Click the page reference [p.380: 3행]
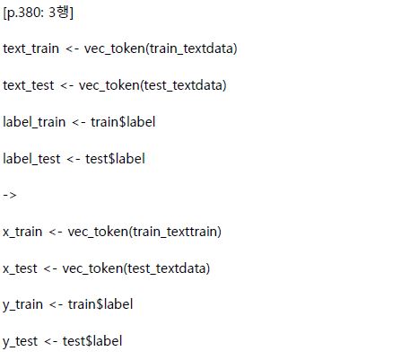pos(38,13)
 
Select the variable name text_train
pos(31,48)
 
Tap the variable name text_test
pos(29,85)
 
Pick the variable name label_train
pos(34,122)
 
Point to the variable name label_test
pos(31,159)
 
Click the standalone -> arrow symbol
pos(10,196)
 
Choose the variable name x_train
pos(22,233)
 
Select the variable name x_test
pos(20,268)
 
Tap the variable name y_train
pos(22,305)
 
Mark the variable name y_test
pos(21,342)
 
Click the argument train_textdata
pos(191,48)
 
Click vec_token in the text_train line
pos(114,48)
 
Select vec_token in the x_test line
pos(92,268)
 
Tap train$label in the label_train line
pos(123,122)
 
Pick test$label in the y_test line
pos(92,341)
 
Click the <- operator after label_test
pos(74,159)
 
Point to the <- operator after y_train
pos(56,305)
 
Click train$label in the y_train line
pos(100,305)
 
